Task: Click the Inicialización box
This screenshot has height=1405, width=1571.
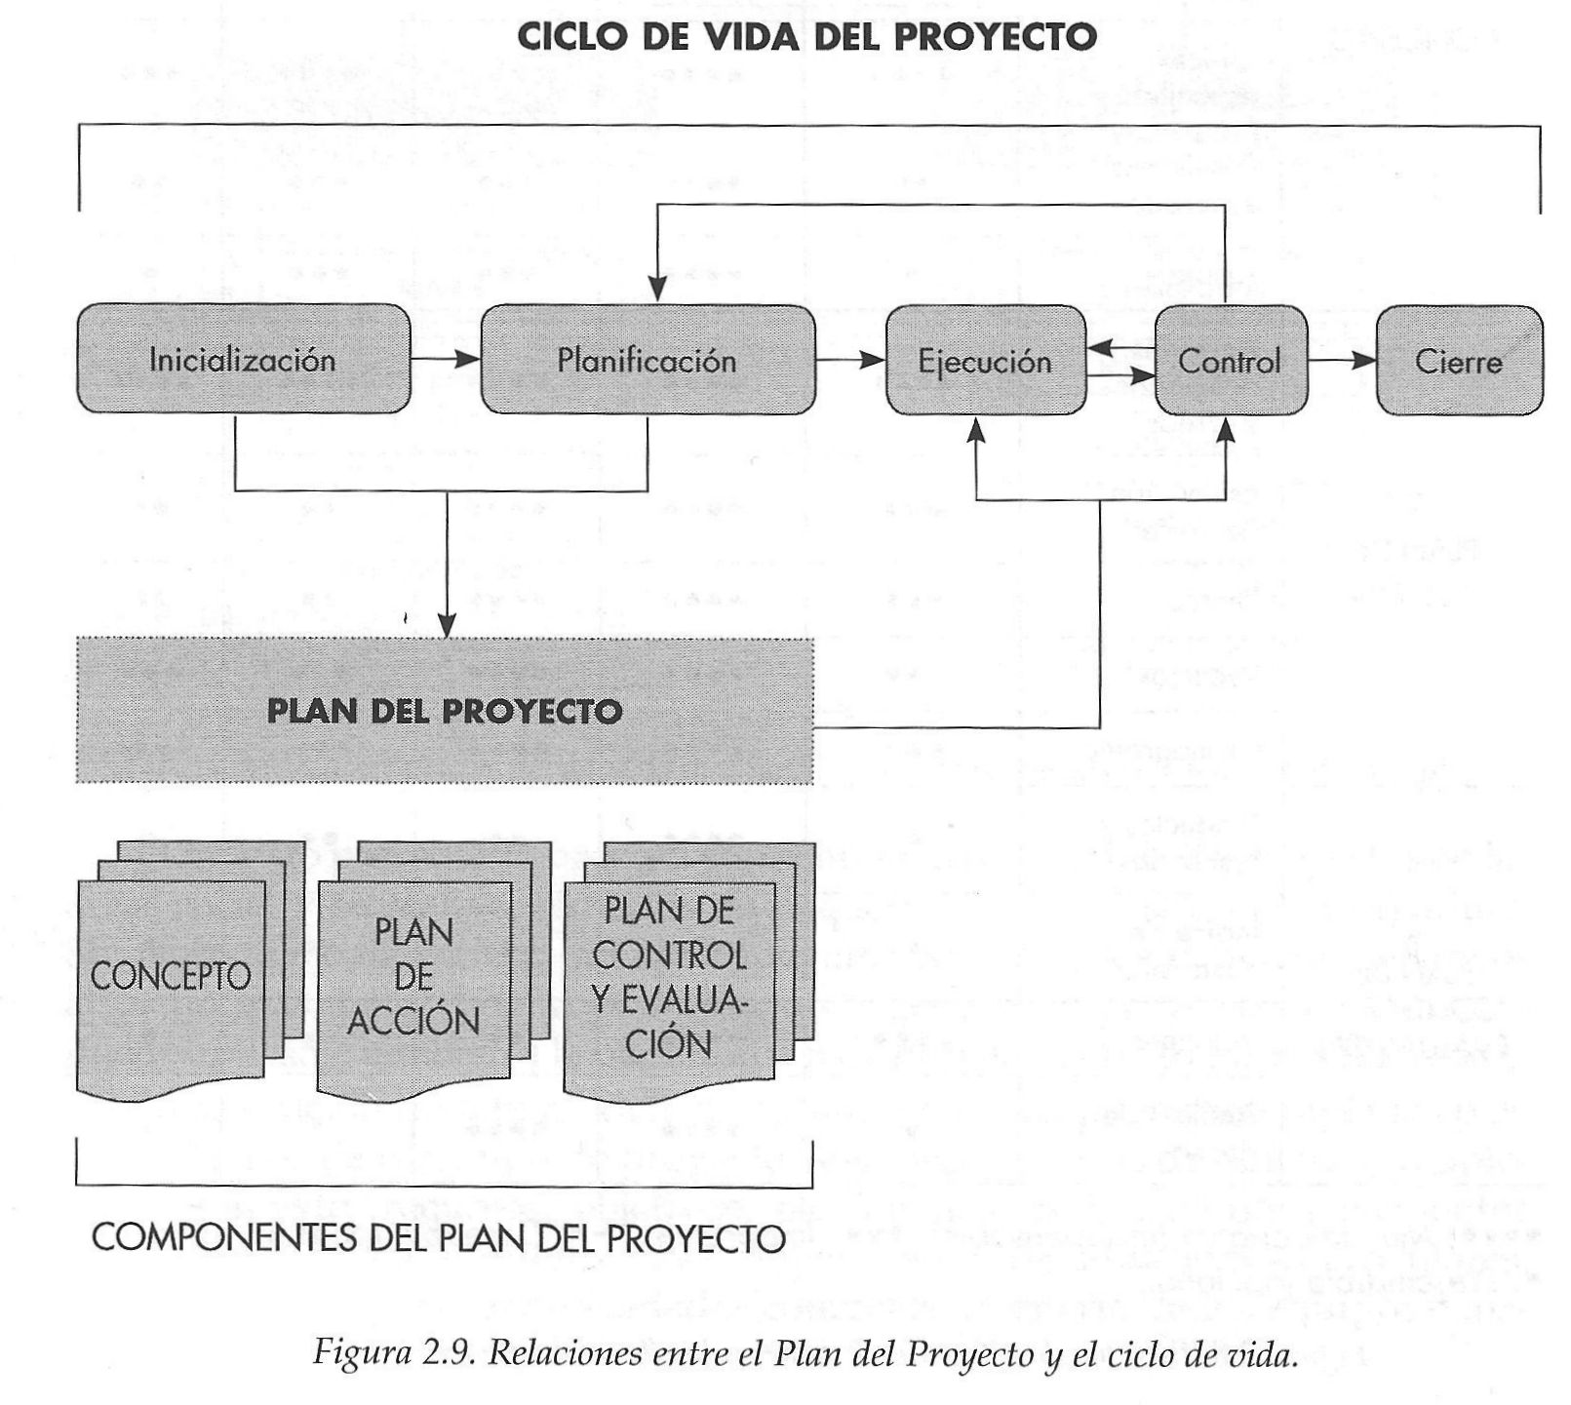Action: pyautogui.click(x=243, y=360)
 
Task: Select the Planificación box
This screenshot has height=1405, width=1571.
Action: pyautogui.click(x=648, y=360)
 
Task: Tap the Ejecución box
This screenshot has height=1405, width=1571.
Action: pyautogui.click(x=985, y=362)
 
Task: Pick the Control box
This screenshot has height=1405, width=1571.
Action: pyautogui.click(x=1230, y=362)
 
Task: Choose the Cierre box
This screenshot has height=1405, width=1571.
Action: pyautogui.click(x=1458, y=362)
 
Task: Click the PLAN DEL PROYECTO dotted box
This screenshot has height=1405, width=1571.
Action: pyautogui.click(x=445, y=711)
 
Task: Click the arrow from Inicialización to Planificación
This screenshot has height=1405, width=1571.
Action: pyautogui.click(x=446, y=360)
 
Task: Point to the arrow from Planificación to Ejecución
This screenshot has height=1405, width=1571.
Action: pyautogui.click(x=849, y=361)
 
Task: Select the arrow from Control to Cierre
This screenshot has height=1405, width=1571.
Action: pyautogui.click(x=1342, y=361)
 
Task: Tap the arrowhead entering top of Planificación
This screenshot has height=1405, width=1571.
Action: pyautogui.click(x=658, y=289)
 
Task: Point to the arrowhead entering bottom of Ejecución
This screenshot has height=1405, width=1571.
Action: pyautogui.click(x=976, y=430)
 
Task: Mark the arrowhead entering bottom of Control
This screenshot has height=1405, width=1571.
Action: pyautogui.click(x=1227, y=430)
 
